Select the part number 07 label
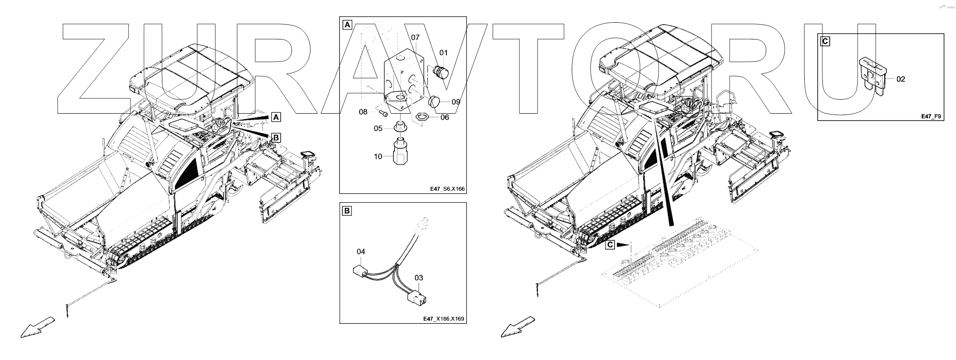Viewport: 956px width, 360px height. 415,37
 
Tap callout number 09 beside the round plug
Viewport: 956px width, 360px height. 456,102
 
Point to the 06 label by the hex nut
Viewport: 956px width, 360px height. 445,117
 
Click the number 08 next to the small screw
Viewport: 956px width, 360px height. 363,112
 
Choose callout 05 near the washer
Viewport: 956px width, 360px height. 378,128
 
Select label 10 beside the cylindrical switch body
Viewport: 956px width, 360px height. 378,156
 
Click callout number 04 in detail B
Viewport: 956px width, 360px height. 361,251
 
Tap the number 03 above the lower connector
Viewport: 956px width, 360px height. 419,278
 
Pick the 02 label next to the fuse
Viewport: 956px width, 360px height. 900,79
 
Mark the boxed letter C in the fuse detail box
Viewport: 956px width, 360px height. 825,41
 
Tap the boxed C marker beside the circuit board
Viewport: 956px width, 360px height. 611,244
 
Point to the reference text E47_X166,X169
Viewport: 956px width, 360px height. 444,319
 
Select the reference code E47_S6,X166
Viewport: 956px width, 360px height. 447,189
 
